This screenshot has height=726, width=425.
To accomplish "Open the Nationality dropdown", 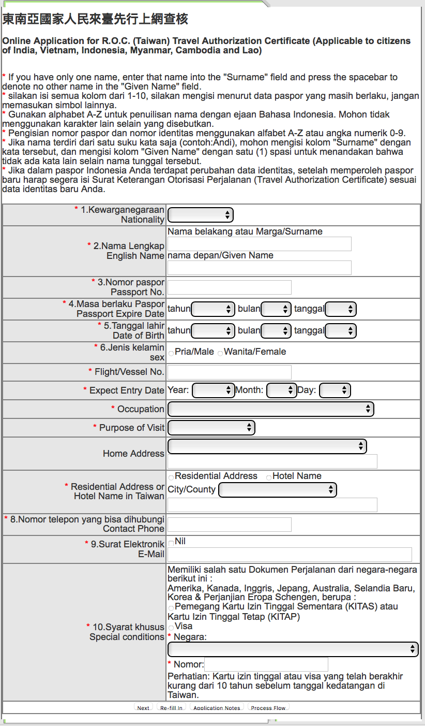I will (x=201, y=215).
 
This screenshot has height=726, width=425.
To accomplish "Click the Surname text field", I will (x=259, y=244).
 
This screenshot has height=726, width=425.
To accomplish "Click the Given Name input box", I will (x=259, y=268).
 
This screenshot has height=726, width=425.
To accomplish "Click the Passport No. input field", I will (x=229, y=287).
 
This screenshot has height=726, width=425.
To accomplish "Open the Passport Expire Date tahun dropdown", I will (x=213, y=309).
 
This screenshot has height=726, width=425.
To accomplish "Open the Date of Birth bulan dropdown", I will (x=276, y=331).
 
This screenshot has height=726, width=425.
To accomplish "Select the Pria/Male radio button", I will (x=171, y=353).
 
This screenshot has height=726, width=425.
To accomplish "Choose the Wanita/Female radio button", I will (x=220, y=353).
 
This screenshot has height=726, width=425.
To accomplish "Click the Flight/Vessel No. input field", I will (x=229, y=372).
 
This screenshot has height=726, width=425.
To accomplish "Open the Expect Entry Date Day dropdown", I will (x=335, y=390).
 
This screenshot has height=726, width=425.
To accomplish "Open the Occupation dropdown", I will (x=270, y=409).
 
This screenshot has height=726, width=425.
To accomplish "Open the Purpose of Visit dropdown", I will (x=211, y=428).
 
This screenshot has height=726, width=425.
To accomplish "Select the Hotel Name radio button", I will (x=269, y=477).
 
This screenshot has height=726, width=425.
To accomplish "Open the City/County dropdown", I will (x=278, y=490).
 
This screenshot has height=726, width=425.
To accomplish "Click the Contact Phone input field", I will (x=229, y=525).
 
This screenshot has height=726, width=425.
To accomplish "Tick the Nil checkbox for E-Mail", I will (x=171, y=542).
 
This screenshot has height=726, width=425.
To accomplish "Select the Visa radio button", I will (x=171, y=628).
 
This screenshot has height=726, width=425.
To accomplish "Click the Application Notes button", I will (x=217, y=707).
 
